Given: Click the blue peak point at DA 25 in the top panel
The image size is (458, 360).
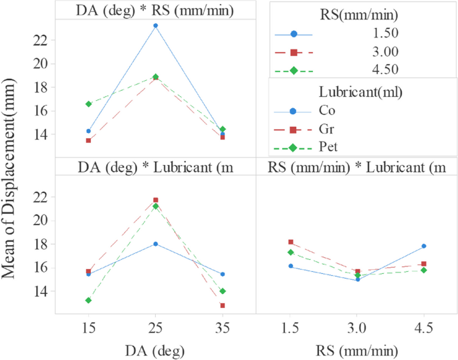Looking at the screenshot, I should (x=156, y=25).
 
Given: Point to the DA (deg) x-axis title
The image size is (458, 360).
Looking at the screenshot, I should (x=156, y=349).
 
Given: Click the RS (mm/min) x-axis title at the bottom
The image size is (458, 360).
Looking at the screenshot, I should (x=356, y=349).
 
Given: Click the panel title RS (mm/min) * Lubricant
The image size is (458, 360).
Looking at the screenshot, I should (x=356, y=166).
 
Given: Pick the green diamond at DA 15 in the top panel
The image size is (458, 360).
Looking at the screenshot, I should (x=88, y=104).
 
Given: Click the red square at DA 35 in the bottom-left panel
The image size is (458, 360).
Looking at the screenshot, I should (x=223, y=305).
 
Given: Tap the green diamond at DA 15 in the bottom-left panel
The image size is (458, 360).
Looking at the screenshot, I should (x=88, y=301).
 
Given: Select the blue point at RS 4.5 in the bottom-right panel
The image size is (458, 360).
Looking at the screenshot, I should (x=423, y=246).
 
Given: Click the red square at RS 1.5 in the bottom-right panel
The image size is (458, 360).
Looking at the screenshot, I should (x=290, y=242).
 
